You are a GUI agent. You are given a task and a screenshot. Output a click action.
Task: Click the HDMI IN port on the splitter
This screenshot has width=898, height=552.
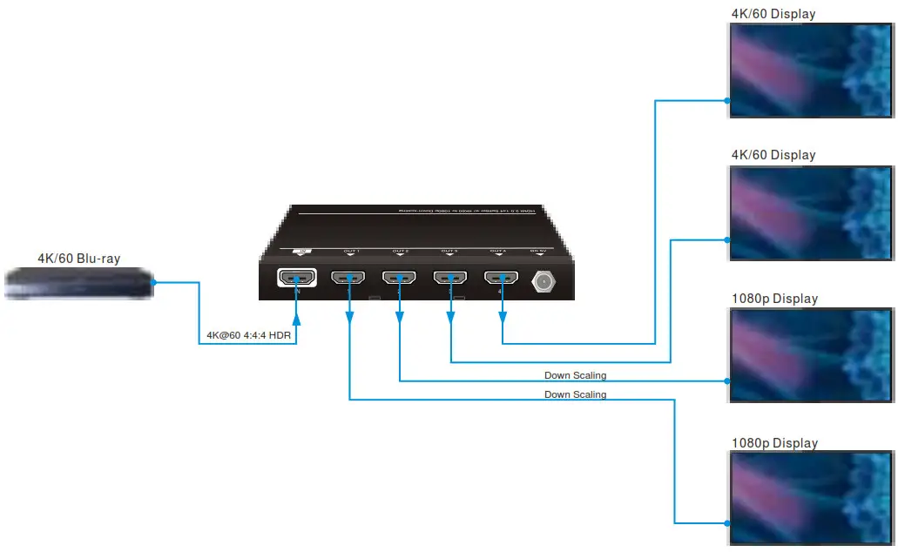(296, 279)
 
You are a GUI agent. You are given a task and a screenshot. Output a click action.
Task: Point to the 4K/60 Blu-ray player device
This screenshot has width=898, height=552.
(78, 284)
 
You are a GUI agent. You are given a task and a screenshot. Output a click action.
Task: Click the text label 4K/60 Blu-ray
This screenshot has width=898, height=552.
(78, 259)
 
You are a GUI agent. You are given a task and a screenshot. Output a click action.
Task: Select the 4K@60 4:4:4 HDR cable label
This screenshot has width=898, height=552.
(248, 335)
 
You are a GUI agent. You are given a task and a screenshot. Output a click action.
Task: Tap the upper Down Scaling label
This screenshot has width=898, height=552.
(575, 375)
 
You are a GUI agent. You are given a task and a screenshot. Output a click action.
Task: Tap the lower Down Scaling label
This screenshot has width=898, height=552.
(575, 394)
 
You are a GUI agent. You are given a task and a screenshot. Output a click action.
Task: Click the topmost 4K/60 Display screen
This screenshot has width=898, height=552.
(811, 70)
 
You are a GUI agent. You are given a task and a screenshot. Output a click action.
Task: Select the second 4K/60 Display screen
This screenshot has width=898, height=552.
(811, 212)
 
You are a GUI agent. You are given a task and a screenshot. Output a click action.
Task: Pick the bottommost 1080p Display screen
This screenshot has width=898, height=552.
(811, 499)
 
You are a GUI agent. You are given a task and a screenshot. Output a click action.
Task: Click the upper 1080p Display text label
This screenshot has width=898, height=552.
(774, 299)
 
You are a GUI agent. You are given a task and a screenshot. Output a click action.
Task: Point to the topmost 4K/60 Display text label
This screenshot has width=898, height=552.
(773, 13)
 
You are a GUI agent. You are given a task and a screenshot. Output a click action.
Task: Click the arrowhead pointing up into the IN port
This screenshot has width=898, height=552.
(296, 294)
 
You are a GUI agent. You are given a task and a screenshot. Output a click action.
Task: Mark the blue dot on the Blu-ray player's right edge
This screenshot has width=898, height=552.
(153, 282)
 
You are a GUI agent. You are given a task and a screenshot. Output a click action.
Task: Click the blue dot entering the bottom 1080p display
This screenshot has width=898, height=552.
(728, 522)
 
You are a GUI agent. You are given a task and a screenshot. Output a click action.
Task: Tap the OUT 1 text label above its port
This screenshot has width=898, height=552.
(350, 252)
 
